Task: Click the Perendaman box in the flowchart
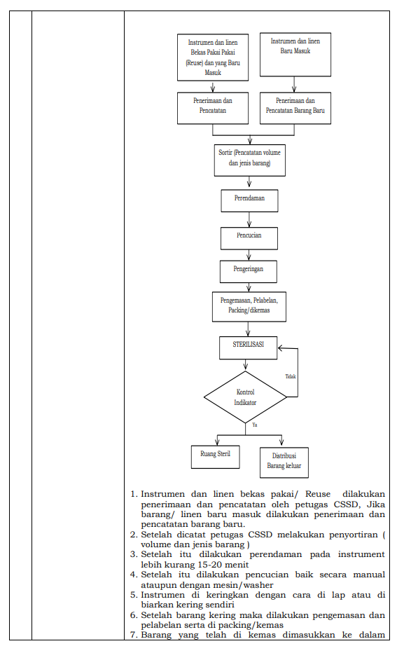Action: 249,200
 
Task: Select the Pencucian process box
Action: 249,238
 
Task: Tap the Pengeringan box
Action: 248,271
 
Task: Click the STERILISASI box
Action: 248,348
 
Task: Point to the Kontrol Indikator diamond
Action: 245,397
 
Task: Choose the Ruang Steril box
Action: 215,457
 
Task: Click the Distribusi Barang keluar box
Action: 284,462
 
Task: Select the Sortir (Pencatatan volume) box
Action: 249,160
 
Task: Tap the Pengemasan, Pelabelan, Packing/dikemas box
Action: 249,307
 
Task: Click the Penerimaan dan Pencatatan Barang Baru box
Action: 295,109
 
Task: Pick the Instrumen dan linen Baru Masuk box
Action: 295,55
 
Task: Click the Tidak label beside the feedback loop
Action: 291,376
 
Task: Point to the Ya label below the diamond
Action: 254,425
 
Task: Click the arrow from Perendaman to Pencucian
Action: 249,219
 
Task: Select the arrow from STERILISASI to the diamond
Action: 246,365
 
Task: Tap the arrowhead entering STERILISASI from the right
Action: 280,348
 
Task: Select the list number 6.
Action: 134,615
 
